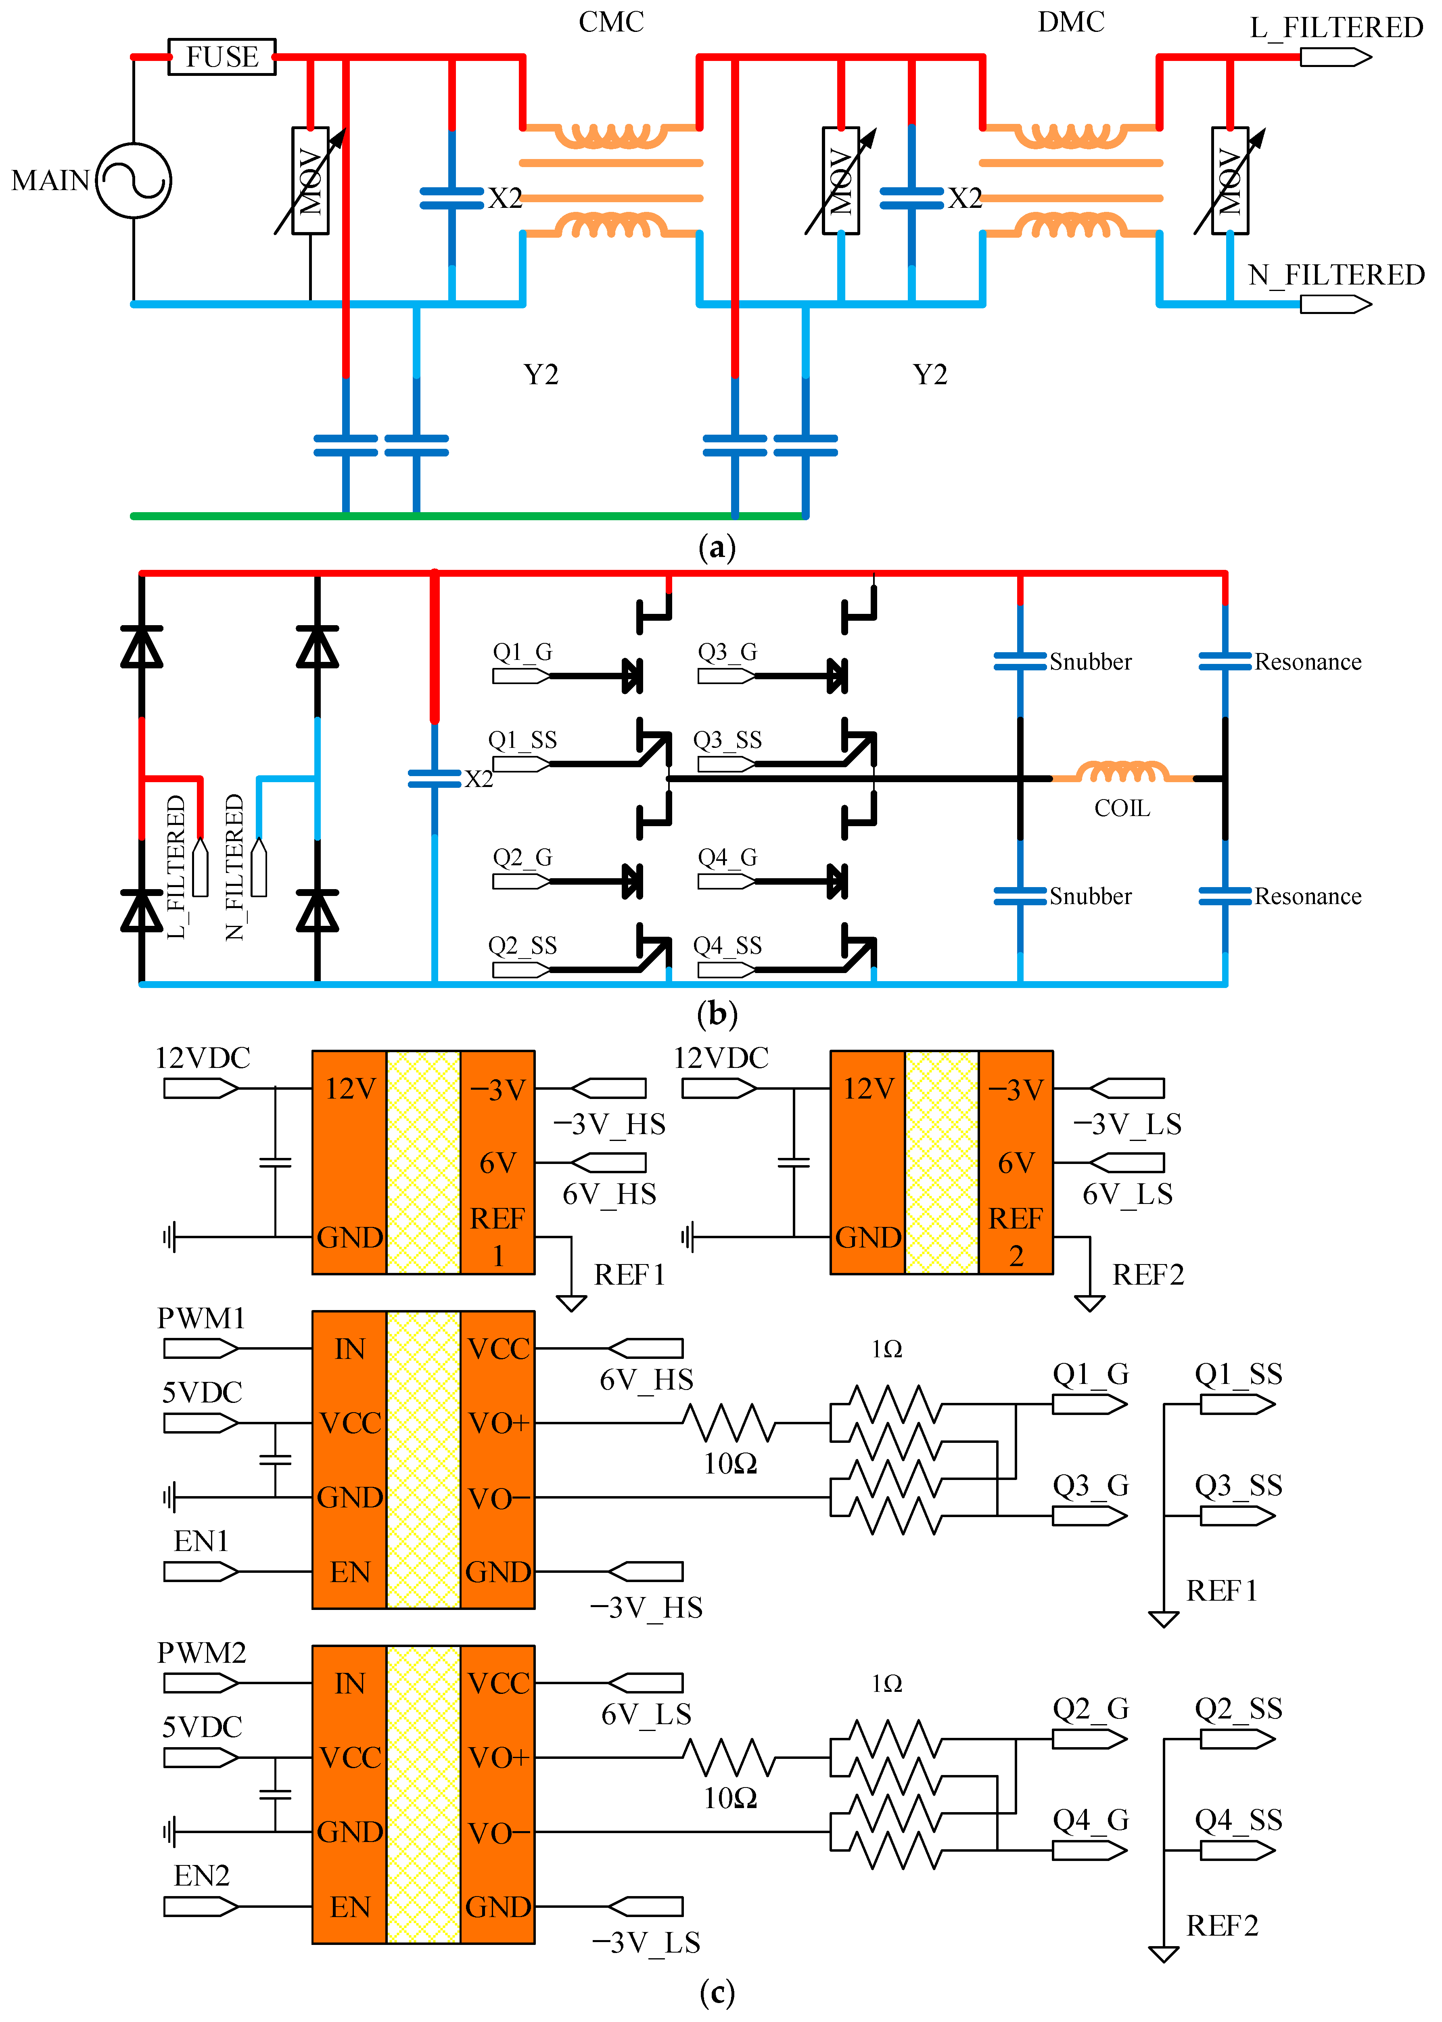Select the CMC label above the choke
coord(611,21)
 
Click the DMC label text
coord(1071,21)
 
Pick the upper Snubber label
coord(1091,661)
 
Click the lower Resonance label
coord(1307,896)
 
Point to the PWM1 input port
coord(201,1349)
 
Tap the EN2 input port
coord(201,1907)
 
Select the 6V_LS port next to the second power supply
coord(1127,1162)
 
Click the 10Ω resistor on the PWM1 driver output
coord(730,1423)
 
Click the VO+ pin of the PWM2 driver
coord(498,1757)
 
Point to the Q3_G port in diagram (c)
coord(1089,1515)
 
